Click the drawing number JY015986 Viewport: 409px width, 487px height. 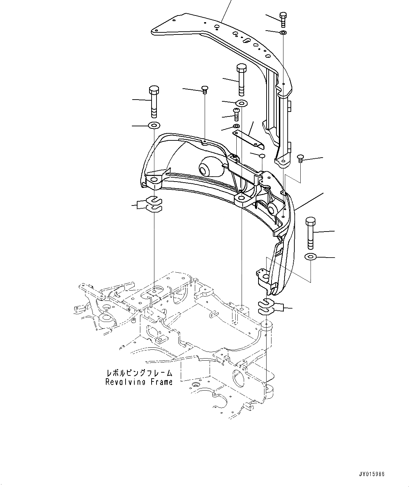point(372,474)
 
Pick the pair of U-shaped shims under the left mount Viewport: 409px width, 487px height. point(154,204)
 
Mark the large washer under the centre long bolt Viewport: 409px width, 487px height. point(242,103)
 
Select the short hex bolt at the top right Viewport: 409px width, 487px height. point(283,19)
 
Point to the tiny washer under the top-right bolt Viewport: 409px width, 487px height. point(283,33)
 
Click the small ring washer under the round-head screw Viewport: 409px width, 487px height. point(237,126)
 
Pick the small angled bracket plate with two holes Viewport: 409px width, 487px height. point(249,139)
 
